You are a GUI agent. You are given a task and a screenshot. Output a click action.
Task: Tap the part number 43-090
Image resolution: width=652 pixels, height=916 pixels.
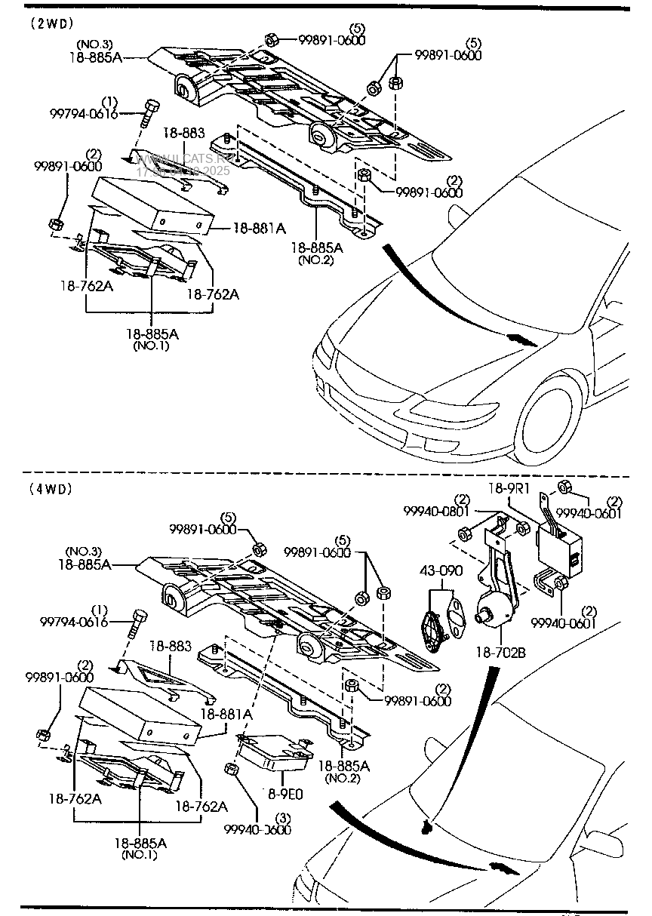(x=441, y=570)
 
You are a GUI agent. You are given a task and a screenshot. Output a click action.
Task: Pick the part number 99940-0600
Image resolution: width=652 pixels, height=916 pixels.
(x=257, y=829)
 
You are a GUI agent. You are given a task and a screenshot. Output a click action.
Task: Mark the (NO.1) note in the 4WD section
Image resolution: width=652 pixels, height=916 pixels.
(x=140, y=855)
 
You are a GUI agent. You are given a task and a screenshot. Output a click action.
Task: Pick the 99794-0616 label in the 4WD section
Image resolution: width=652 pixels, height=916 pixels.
(x=74, y=622)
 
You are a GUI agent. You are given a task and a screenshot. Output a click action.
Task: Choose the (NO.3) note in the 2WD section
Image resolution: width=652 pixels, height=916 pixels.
(x=93, y=45)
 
